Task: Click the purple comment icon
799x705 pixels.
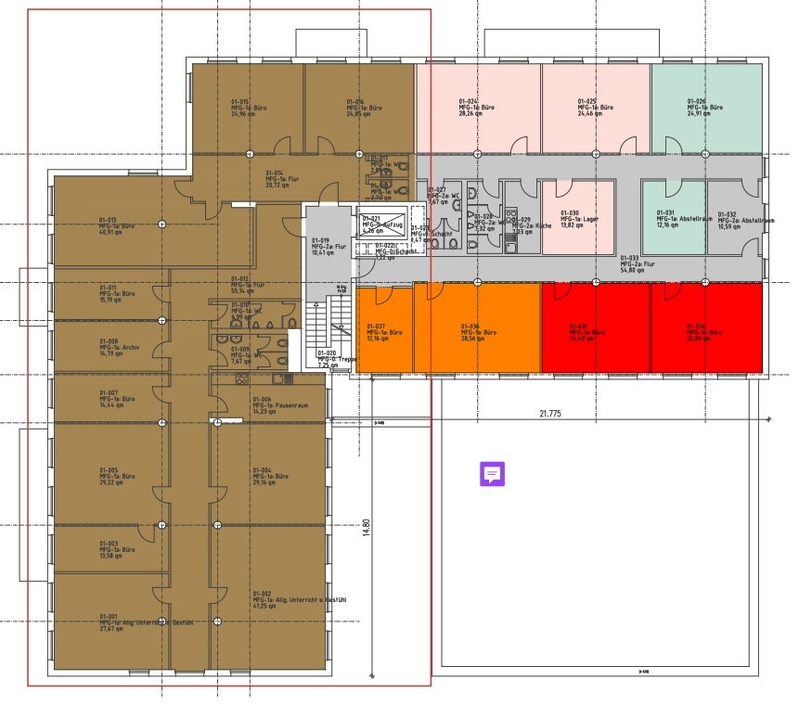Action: [x=492, y=474]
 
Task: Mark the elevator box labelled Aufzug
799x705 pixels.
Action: [x=377, y=225]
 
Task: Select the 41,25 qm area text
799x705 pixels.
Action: [x=264, y=606]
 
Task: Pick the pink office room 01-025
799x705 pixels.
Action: [x=595, y=108]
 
